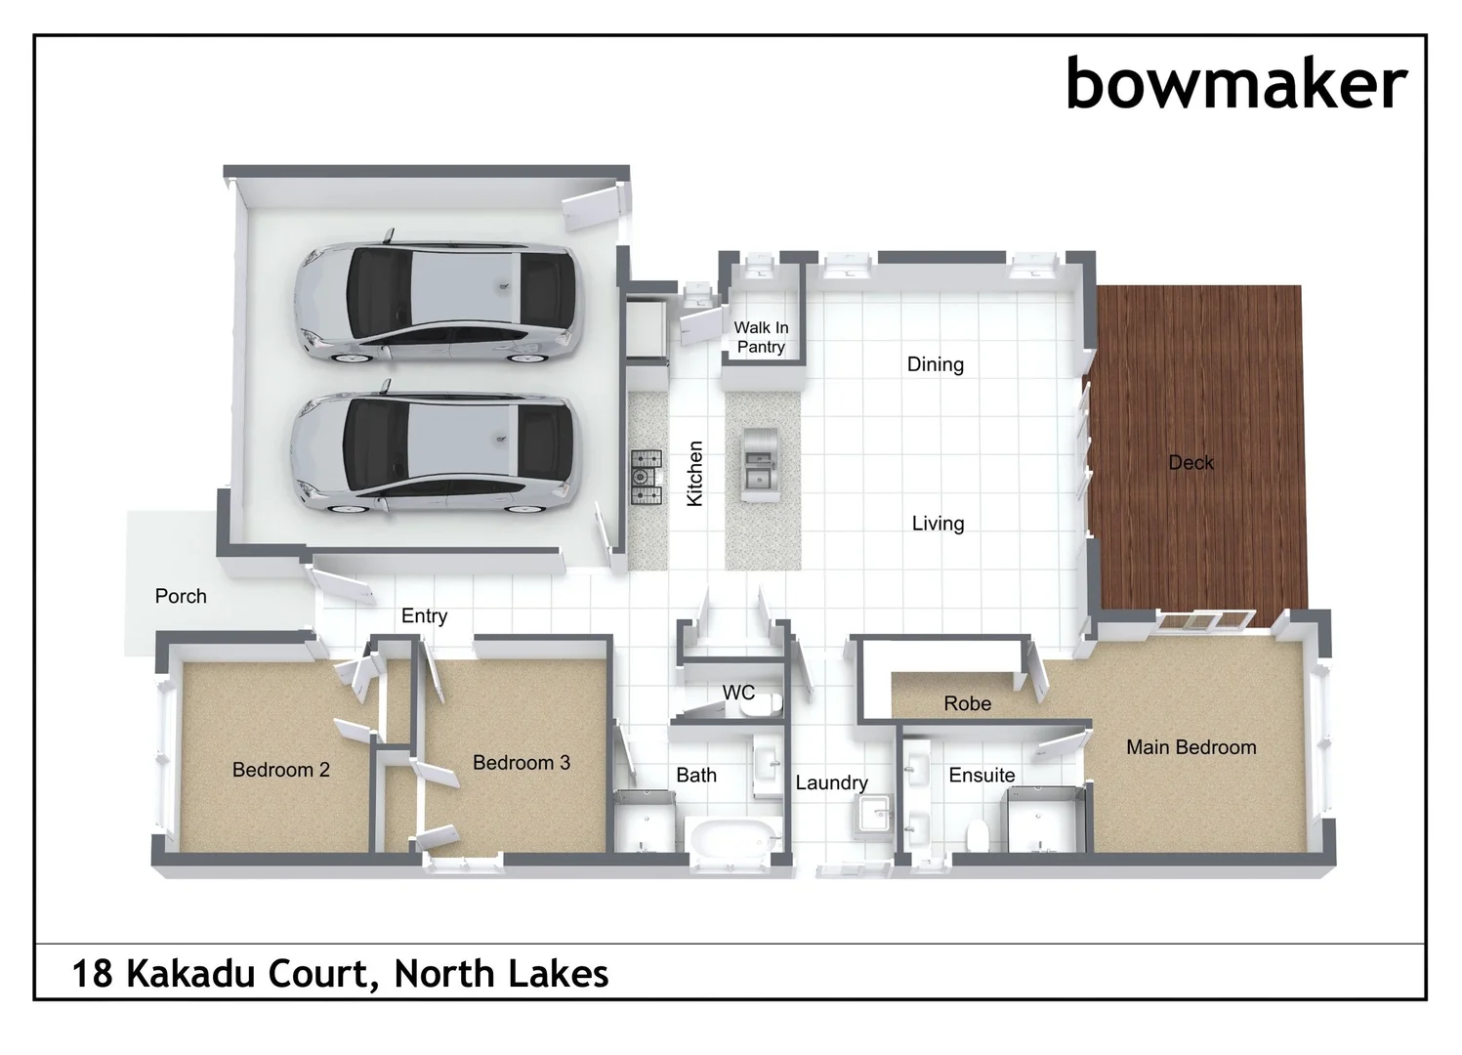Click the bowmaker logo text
1235,84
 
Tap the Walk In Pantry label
761,337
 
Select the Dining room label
935,364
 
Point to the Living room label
938,524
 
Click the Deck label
1190,462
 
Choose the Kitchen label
694,473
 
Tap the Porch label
181,596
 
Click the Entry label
424,615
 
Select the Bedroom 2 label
280,770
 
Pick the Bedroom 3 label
521,762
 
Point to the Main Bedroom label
1190,747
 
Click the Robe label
967,703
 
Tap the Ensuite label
982,775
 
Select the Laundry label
831,782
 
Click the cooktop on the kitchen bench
646,477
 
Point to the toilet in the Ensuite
975,836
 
